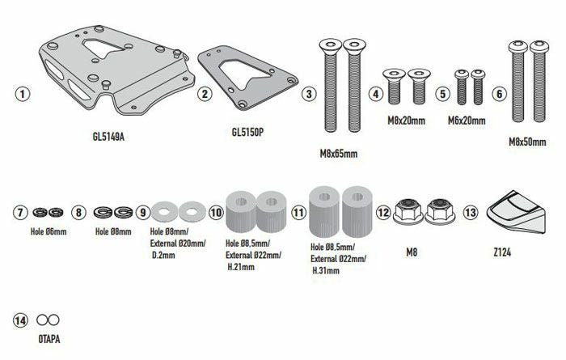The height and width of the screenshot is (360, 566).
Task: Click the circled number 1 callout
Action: click(x=23, y=94)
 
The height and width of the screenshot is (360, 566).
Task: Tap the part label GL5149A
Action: click(x=108, y=137)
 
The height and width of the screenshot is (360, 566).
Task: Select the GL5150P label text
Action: click(x=247, y=132)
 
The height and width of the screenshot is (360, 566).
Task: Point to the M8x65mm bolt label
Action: click(x=339, y=154)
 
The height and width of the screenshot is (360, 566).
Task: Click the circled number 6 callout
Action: click(x=499, y=94)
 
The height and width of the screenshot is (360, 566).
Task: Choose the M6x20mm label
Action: click(x=467, y=121)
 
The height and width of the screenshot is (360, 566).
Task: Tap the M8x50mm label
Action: click(x=527, y=142)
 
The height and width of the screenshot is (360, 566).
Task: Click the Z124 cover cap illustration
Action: click(x=516, y=212)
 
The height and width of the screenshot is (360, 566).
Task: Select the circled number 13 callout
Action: click(x=470, y=212)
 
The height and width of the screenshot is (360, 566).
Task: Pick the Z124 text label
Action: click(x=502, y=252)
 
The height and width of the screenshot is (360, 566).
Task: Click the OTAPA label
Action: click(x=49, y=339)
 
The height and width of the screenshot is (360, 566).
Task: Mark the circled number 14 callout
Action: click(x=20, y=320)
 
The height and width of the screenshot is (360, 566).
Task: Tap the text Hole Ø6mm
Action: click(x=49, y=231)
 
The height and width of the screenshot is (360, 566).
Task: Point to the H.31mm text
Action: click(x=326, y=270)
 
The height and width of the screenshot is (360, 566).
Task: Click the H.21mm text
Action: click(x=241, y=267)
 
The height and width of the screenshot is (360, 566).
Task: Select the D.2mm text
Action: click(x=163, y=256)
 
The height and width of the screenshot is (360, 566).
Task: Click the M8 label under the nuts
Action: click(x=412, y=252)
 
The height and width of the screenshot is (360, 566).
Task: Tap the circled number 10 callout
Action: click(x=216, y=212)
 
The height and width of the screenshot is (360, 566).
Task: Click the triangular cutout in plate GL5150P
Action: click(x=244, y=74)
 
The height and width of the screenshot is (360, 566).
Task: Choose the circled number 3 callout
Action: click(x=309, y=94)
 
